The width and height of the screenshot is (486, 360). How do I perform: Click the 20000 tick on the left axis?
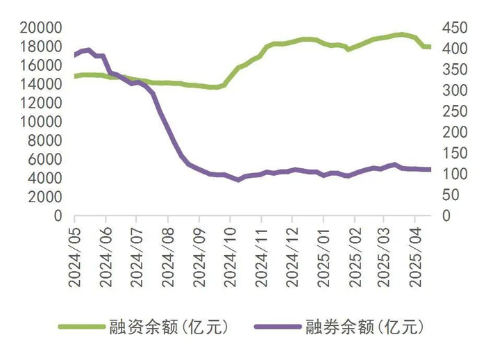[x=41, y=28]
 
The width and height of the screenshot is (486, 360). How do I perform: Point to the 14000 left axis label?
[x=41, y=84]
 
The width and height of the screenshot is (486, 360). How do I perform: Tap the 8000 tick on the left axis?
[x=45, y=140]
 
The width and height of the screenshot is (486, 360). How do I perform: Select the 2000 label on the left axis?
[x=45, y=197]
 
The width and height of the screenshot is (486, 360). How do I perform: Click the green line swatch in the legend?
[x=81, y=326]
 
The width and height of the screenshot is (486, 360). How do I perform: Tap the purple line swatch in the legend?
[x=275, y=326]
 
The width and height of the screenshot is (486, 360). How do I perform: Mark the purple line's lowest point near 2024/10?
[x=238, y=179]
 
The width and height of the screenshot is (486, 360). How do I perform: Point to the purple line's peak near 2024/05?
[x=88, y=50]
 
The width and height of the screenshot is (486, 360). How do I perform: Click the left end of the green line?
[x=75, y=76]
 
